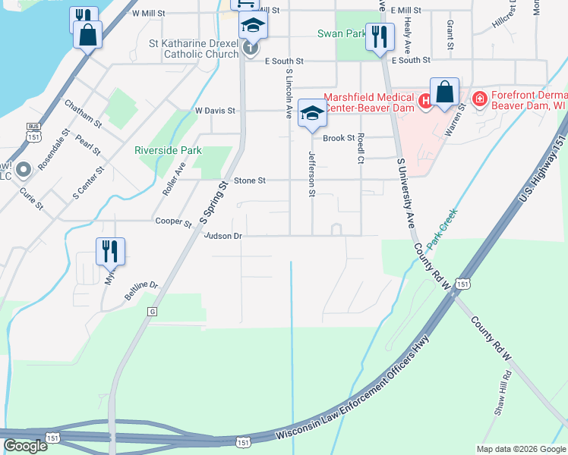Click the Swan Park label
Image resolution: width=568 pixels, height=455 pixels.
pyautogui.click(x=341, y=34)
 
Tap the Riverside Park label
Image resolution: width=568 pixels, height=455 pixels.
pyautogui.click(x=168, y=150)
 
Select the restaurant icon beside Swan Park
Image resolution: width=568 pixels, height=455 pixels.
pyautogui.click(x=379, y=36)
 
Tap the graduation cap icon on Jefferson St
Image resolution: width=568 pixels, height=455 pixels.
pyautogui.click(x=311, y=113)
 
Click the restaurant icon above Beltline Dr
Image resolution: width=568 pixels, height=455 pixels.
pyautogui.click(x=110, y=251)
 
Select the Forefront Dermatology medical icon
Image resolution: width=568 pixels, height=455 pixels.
pyautogui.click(x=479, y=99)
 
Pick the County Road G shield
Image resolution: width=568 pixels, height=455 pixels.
pyautogui.click(x=152, y=312)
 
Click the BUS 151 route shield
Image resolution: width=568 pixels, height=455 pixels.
pyautogui.click(x=32, y=131)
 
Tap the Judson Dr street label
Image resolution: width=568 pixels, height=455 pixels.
pyautogui.click(x=222, y=236)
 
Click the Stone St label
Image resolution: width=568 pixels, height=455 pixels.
pyautogui.click(x=250, y=180)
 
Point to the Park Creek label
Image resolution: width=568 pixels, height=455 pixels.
pyautogui.click(x=444, y=227)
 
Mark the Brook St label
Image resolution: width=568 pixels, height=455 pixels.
pyautogui.click(x=339, y=138)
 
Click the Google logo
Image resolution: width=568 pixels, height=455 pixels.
pyautogui.click(x=25, y=446)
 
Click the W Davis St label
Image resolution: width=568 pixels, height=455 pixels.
pyautogui.click(x=215, y=111)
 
